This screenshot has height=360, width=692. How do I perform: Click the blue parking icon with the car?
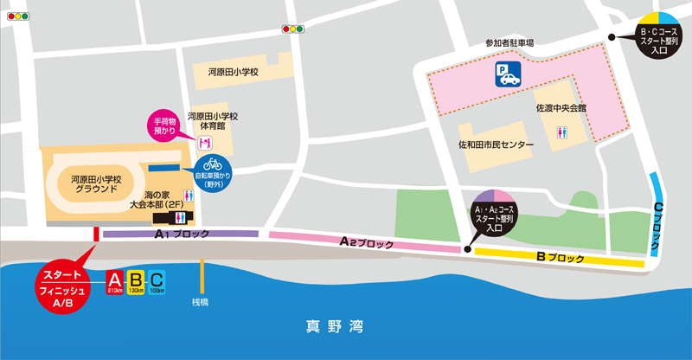point(508,75)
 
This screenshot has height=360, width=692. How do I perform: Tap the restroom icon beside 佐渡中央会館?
point(563,133)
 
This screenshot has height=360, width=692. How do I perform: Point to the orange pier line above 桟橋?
point(202,277)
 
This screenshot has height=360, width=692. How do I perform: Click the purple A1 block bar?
point(180,234)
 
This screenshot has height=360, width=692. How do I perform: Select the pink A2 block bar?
point(363,242)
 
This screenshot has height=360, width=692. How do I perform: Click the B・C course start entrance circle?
point(658,35)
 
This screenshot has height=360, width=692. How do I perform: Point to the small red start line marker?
point(96,234)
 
